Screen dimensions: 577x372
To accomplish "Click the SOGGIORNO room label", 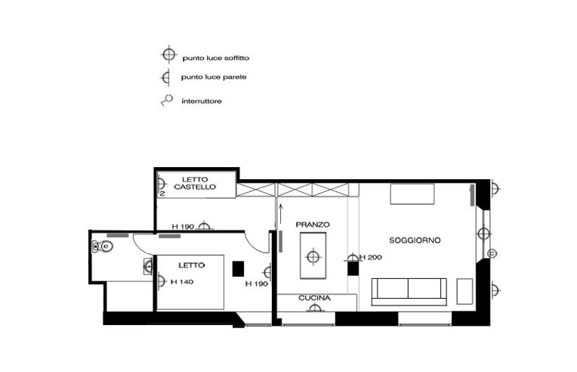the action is (415, 240).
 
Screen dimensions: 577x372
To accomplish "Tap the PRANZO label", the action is (313, 225).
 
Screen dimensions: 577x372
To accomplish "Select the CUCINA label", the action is (315, 298).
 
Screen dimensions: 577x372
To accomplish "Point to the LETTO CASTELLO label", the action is (195, 183).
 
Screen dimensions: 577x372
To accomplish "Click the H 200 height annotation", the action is (371, 257).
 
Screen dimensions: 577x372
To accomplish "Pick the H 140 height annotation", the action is (182, 282).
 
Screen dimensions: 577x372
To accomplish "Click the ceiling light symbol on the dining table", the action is (313, 257).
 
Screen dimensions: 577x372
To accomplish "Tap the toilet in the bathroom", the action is (102, 246).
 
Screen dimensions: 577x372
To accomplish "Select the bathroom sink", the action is (148, 266).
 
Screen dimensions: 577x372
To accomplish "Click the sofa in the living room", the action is (409, 292).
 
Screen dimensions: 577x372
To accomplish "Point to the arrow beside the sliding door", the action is (280, 214).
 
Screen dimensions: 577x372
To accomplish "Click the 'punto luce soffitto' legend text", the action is (216, 57).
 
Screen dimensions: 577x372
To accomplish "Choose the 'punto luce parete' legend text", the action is (214, 77).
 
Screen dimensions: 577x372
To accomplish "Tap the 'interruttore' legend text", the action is (202, 101).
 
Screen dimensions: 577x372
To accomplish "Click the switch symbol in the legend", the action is (167, 101).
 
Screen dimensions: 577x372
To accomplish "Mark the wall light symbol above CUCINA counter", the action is (315, 308).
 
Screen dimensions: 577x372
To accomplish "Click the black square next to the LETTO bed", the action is (238, 268).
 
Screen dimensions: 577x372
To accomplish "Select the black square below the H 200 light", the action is (353, 268).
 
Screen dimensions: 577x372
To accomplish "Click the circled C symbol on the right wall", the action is (492, 254).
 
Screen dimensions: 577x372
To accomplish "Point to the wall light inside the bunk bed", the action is (161, 184).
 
